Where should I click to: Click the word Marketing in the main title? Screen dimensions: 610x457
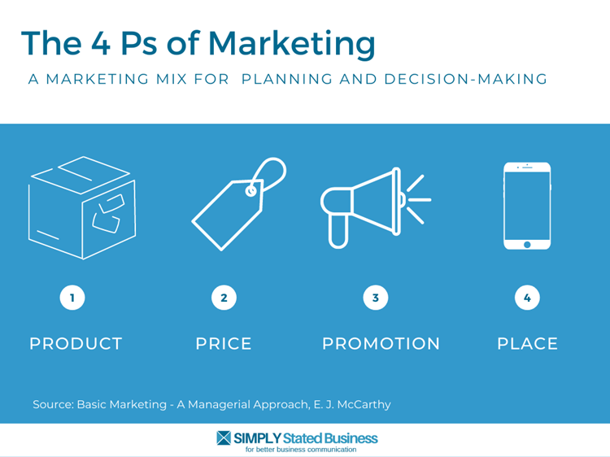point(292,45)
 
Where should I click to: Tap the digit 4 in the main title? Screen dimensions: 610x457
point(101,43)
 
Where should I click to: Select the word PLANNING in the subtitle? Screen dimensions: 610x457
point(287,79)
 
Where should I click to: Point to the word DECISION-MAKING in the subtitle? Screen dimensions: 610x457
point(466,79)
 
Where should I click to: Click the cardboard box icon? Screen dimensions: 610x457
point(82,207)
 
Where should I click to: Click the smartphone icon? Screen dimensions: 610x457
point(527,206)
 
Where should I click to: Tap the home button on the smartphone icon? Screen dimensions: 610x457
point(527,245)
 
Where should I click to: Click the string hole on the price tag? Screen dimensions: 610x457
point(251,191)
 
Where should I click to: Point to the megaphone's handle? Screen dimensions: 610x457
point(338,232)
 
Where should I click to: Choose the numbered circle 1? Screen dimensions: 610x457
point(72,298)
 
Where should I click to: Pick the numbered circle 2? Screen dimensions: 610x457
point(224,298)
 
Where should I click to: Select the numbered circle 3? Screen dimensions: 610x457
point(376,298)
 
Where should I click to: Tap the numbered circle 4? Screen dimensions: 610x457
point(527,298)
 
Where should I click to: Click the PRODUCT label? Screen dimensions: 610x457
point(76,344)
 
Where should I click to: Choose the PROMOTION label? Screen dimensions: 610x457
point(381,344)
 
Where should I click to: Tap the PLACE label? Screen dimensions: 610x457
point(528,344)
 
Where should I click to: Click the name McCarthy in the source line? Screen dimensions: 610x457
point(364,405)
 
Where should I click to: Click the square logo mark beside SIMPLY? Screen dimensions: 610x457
point(224,438)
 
